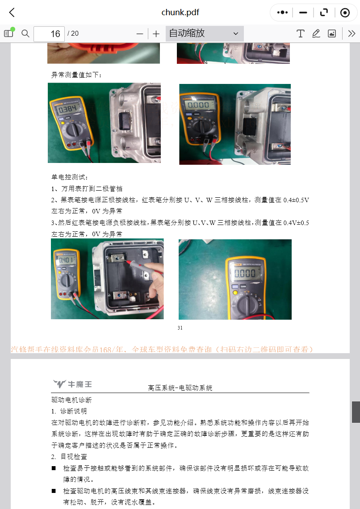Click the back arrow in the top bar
point(12,13)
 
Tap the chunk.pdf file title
point(180,13)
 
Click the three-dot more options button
point(282,13)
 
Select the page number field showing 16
point(49,34)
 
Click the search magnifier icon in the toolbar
point(25,33)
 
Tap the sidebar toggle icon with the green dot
point(8,33)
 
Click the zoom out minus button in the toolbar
point(140,34)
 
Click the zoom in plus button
point(156,34)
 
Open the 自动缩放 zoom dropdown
point(205,33)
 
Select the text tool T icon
point(301,33)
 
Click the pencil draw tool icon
point(316,33)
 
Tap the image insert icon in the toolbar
point(331,33)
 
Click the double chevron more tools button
point(352,33)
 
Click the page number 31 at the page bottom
point(180,328)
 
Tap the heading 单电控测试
point(67,177)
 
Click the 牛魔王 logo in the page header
point(72,384)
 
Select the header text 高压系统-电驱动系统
point(180,388)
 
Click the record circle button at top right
point(345,13)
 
